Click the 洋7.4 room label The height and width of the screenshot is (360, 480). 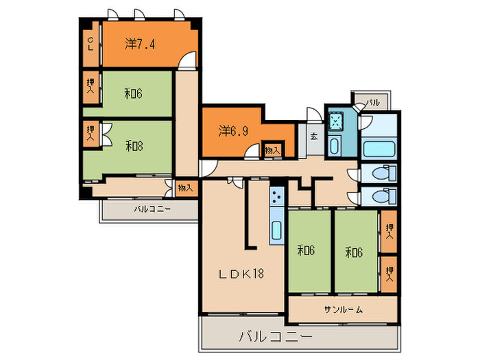pos(140,45)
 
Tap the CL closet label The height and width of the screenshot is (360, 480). pos(91,44)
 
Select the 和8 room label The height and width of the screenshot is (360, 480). pos(134,146)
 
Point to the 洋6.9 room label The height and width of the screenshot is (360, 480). pos(233,132)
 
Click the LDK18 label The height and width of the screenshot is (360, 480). pos(241,274)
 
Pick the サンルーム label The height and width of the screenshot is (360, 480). pos(344,310)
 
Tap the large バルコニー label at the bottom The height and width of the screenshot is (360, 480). pos(276,337)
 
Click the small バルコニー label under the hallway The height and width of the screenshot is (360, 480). pos(152,209)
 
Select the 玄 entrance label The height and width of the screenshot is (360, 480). pos(314,136)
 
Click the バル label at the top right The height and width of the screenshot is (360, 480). pos(372,102)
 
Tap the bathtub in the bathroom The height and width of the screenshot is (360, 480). pos(379,149)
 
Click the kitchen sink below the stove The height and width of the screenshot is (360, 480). pos(277,230)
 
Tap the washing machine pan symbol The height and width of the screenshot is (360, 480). pos(336,121)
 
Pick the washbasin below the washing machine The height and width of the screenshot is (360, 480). pos(334,145)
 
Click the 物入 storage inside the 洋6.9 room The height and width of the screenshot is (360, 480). pos(273,151)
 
